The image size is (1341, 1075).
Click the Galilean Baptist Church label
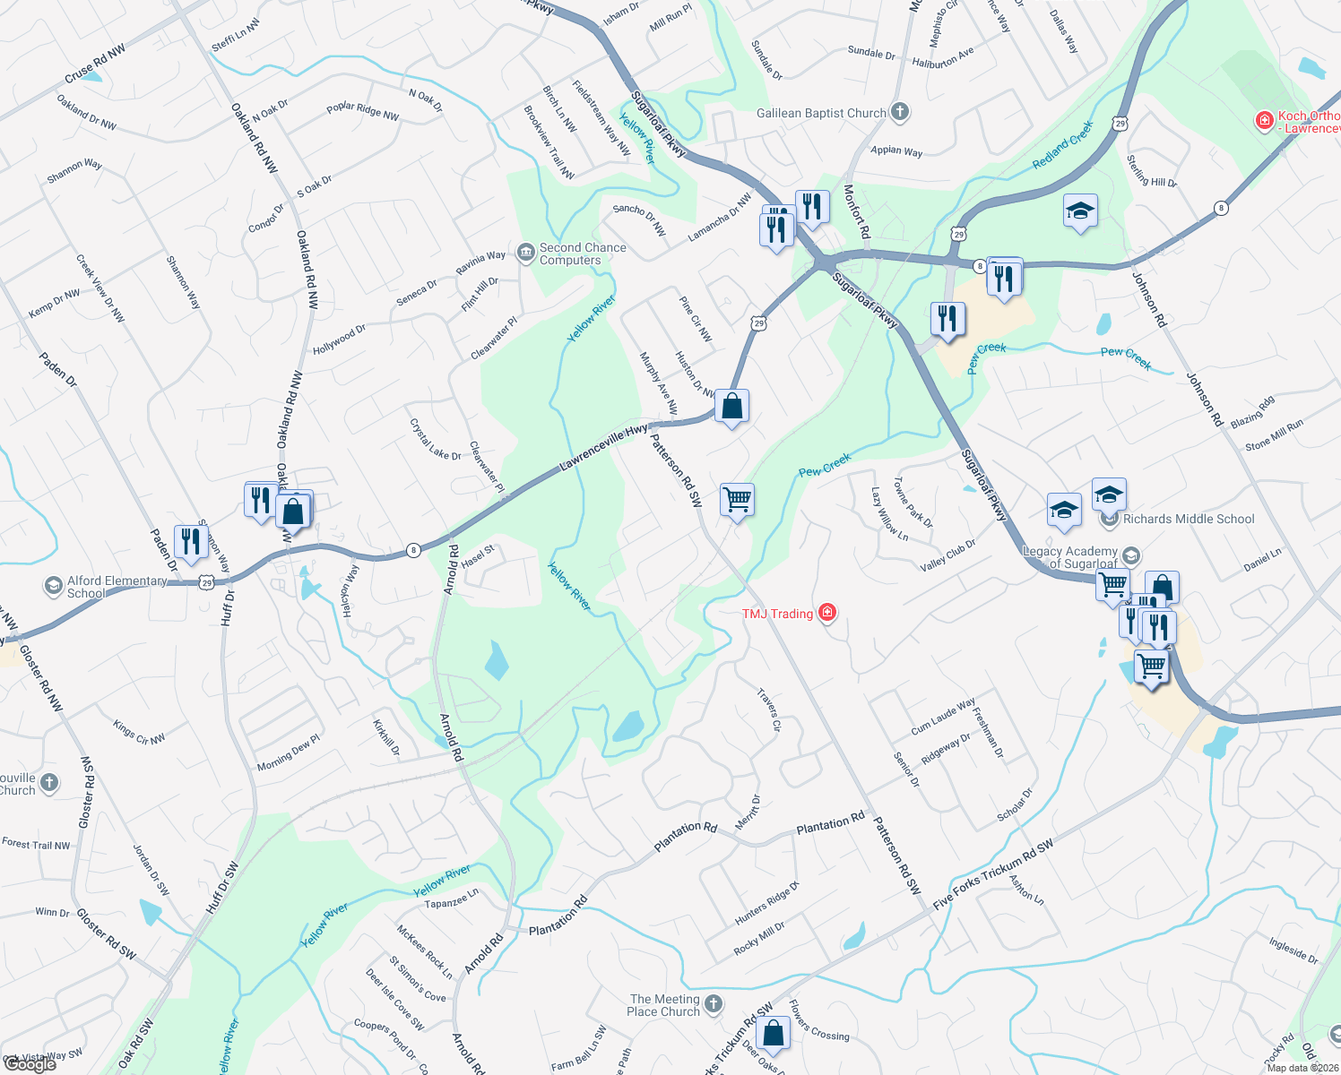821,113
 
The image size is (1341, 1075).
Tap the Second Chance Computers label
583,254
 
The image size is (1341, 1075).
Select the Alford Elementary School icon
54,587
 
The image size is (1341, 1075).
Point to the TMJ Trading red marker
827,613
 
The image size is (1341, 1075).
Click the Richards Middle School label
1189,519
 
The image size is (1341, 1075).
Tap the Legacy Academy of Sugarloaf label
1070,557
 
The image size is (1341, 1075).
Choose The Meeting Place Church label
664,1005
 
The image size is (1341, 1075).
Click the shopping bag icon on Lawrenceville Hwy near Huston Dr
731,406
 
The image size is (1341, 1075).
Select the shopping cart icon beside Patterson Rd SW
737,499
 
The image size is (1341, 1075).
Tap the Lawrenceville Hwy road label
603,449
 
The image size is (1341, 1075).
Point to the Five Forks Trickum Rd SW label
993,874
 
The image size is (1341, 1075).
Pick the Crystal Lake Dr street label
435,440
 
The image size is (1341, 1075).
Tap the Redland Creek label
1063,145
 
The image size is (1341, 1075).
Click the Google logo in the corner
30,1063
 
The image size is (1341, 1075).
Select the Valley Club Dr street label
947,555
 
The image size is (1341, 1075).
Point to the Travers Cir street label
769,709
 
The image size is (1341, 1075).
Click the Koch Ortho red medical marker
1265,119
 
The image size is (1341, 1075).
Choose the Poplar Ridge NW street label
362,111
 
